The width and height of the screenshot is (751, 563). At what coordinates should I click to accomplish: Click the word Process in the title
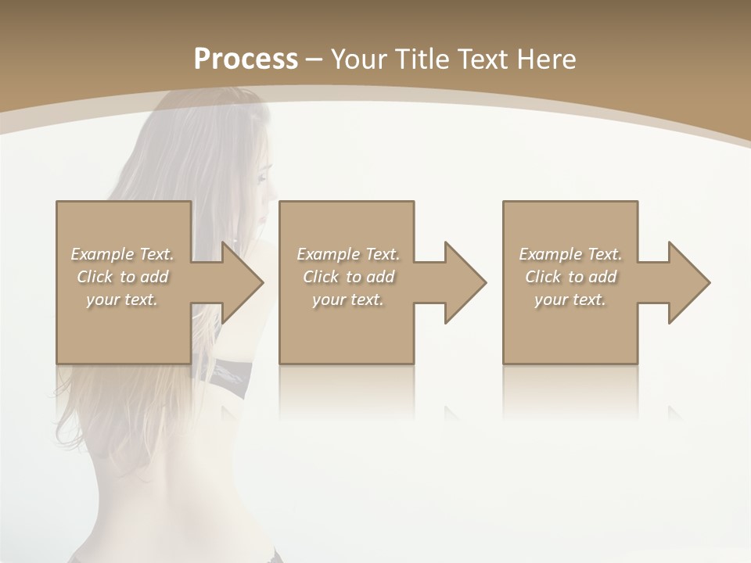246,59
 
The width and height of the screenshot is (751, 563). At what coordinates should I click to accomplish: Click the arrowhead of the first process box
243,282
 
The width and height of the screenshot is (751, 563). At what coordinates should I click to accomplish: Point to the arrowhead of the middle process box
465,282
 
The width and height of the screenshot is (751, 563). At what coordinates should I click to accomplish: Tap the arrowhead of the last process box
689,282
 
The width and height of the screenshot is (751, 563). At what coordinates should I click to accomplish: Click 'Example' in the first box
102,254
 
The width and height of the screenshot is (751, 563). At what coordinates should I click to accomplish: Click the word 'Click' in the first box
94,277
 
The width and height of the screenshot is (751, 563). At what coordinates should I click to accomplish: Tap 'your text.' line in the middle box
347,299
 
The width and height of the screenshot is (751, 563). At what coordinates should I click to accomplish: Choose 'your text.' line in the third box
570,299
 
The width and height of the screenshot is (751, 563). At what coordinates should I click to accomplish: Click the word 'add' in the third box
602,277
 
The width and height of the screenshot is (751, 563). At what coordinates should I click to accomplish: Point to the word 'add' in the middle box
380,277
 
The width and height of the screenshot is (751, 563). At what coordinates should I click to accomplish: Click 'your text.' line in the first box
121,299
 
